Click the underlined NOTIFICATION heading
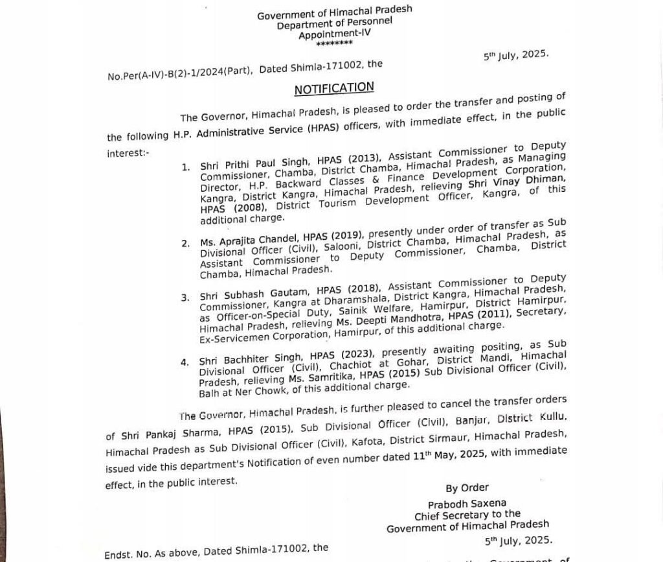click(x=334, y=88)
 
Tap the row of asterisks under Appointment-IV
click(x=335, y=43)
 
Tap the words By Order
click(x=467, y=487)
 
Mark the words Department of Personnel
click(x=335, y=25)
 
